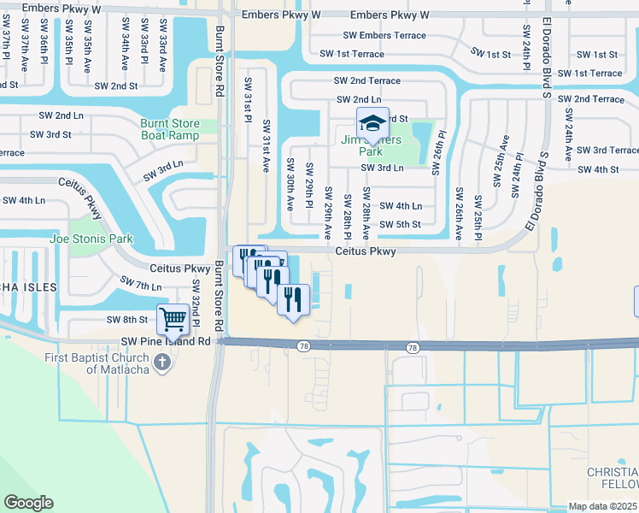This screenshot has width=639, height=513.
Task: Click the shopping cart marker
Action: (173, 320)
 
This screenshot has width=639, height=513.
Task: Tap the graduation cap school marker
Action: (372, 124)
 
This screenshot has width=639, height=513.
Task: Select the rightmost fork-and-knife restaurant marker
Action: (293, 300)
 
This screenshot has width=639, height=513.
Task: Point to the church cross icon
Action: (161, 363)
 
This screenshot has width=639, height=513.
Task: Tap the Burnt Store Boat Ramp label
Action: (170, 129)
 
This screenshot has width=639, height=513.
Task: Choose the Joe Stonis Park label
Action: (91, 239)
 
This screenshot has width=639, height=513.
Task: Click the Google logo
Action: (28, 502)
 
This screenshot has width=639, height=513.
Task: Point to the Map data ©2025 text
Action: (602, 506)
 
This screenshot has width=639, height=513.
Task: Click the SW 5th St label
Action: (401, 225)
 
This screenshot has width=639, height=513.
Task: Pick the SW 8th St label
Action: (127, 320)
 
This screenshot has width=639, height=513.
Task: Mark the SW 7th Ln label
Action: (141, 283)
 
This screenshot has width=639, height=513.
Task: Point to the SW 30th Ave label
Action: (290, 184)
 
